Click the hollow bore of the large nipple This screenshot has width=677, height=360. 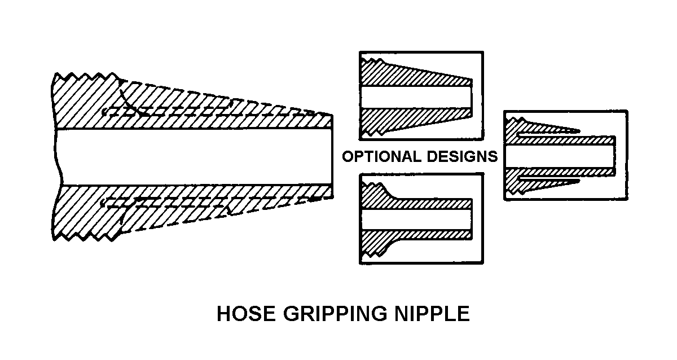[192, 157]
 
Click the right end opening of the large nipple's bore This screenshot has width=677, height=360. [331, 157]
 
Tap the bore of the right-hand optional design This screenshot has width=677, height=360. [559, 156]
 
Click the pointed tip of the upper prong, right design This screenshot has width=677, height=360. [578, 131]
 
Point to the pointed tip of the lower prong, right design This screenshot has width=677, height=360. [578, 182]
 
